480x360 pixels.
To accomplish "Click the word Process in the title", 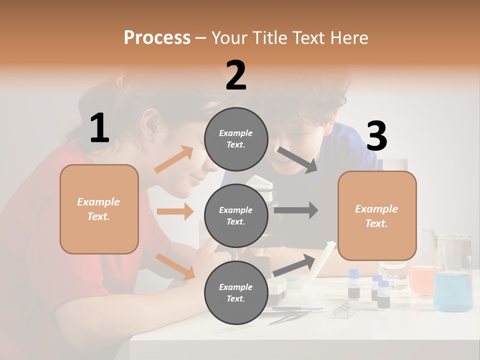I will (157, 38).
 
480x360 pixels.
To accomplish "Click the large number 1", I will (99, 128).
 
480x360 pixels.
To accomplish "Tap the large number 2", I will (236, 75).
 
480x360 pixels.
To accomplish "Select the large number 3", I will (376, 136).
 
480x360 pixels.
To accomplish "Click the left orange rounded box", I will (99, 209).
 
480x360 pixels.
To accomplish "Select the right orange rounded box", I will (377, 215).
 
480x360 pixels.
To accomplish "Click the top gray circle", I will (236, 139).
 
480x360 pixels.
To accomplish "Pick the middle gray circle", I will (236, 215).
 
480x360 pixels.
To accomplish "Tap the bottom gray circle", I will (236, 292).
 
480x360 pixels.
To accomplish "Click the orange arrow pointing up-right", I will (174, 160).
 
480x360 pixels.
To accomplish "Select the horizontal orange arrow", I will (175, 211).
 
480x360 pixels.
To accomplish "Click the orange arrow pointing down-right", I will (175, 266).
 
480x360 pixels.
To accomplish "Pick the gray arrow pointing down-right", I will (297, 160).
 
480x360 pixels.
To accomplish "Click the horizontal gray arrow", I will (295, 210).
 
